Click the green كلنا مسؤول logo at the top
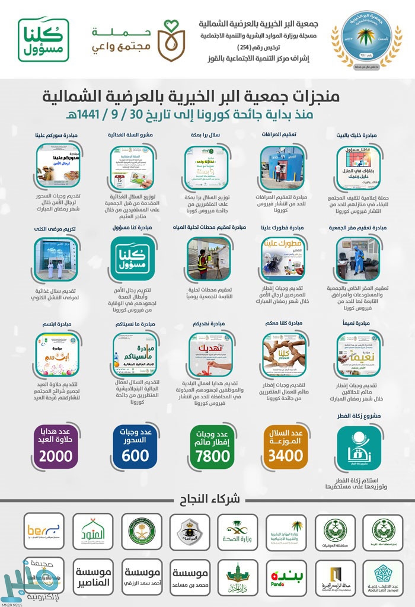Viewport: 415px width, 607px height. pos(43,40)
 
